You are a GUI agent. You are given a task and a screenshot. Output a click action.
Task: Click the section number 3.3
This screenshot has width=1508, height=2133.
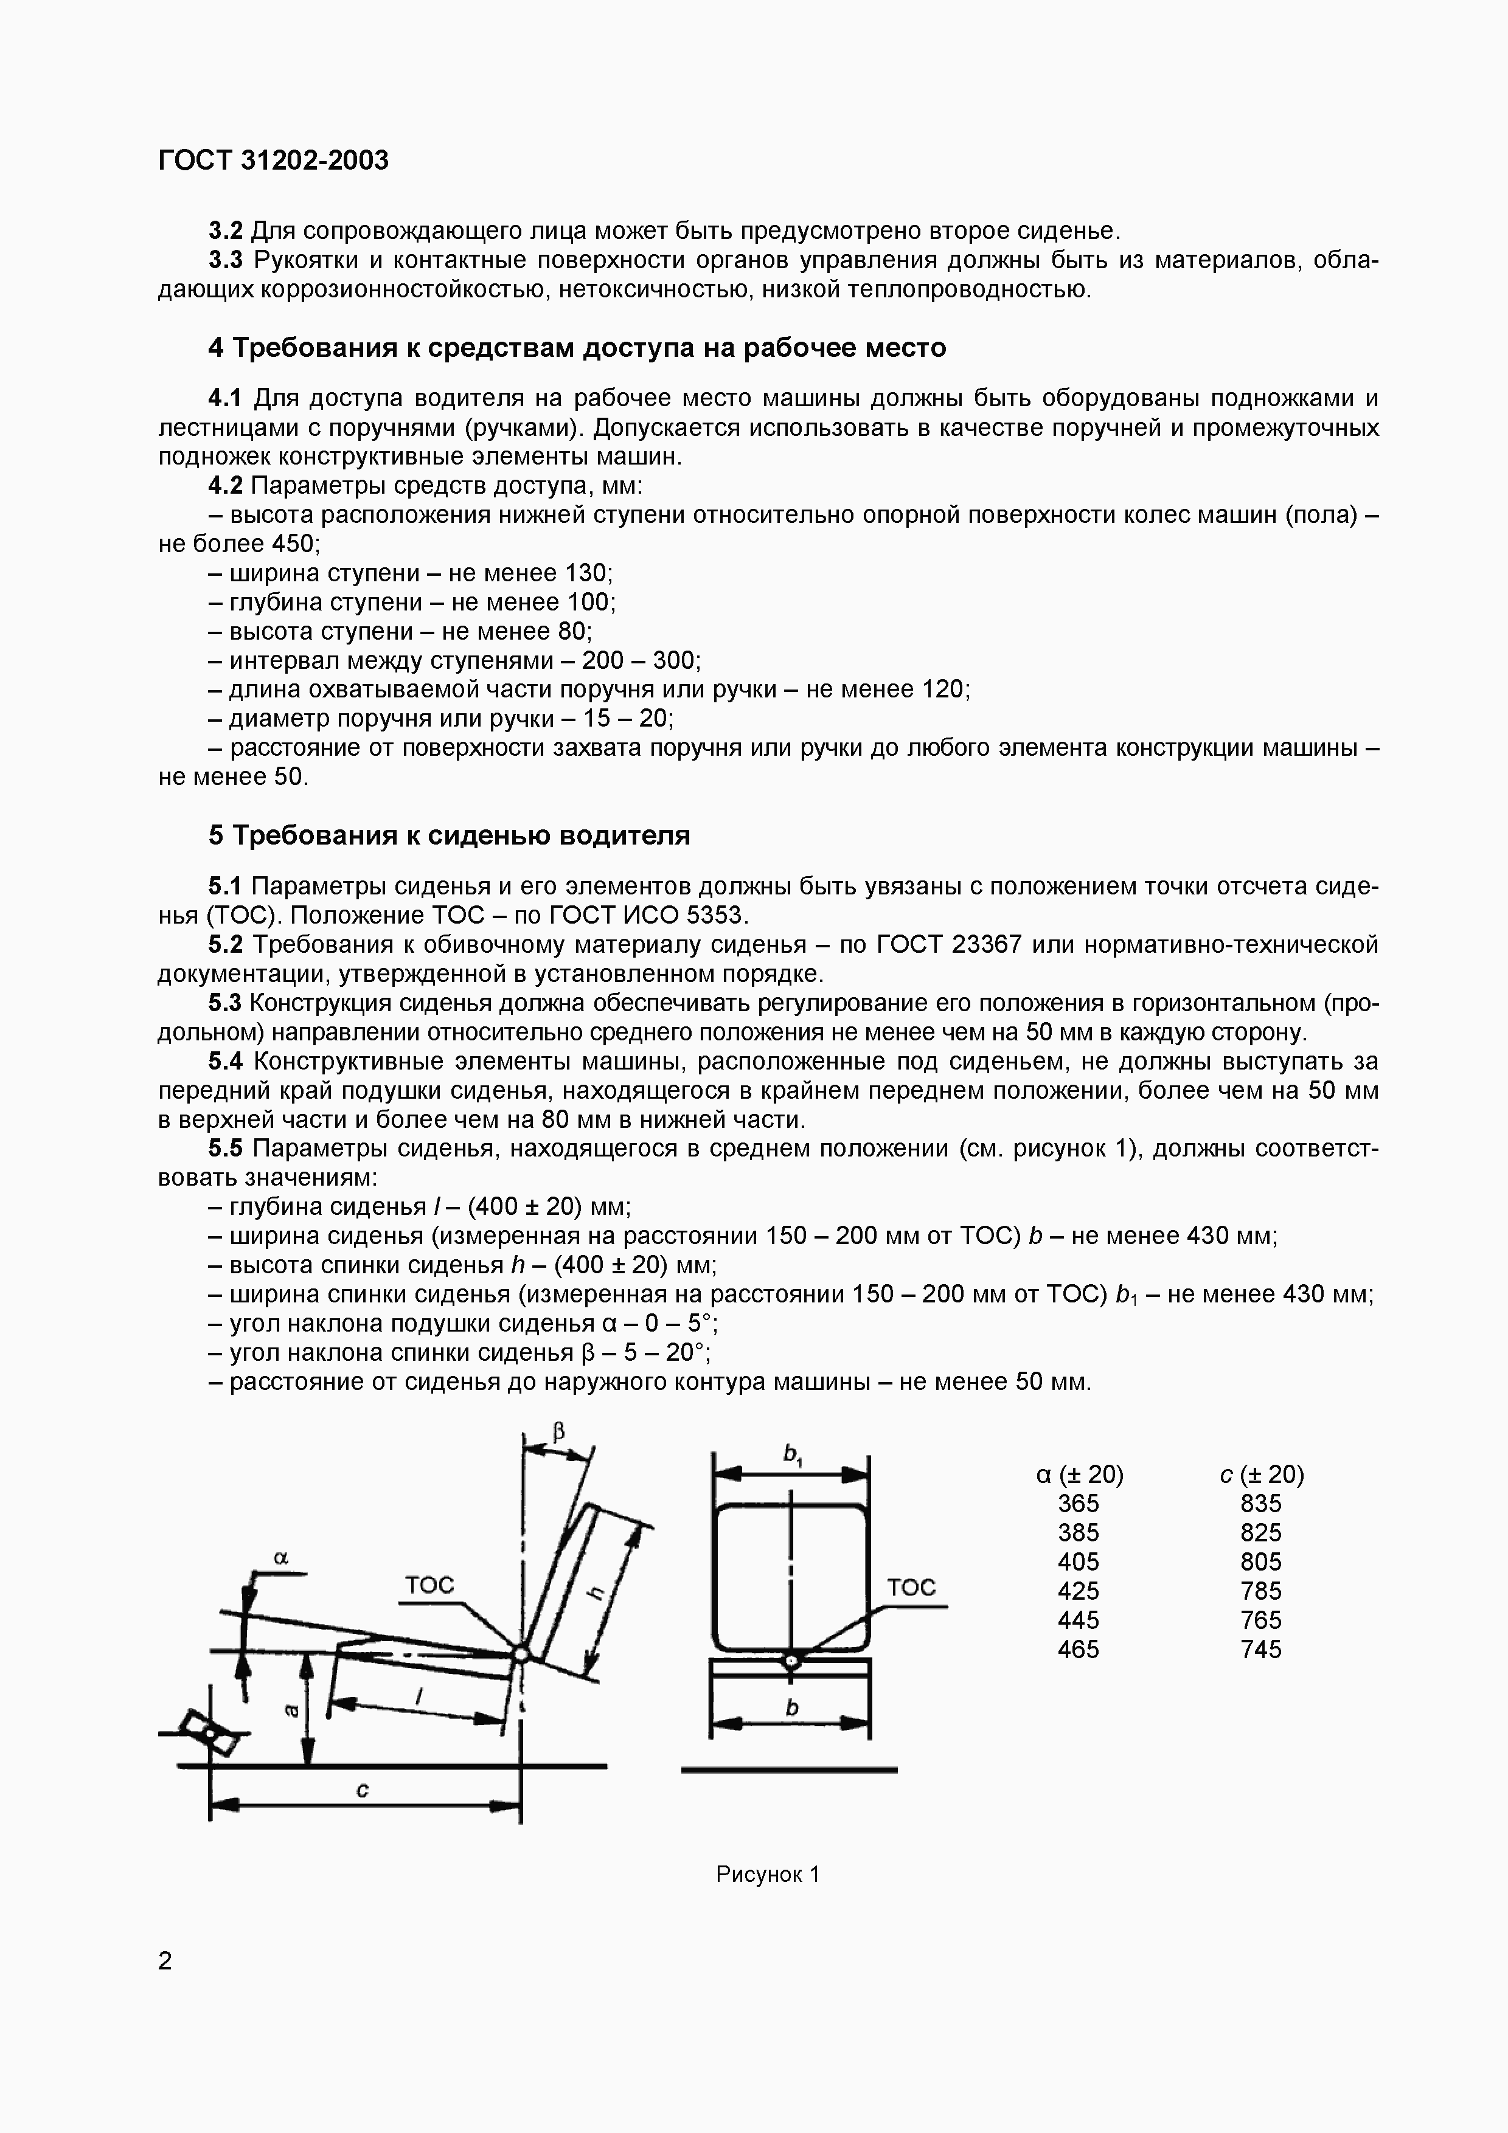click(225, 260)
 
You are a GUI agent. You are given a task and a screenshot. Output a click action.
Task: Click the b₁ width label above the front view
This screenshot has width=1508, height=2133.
click(793, 1454)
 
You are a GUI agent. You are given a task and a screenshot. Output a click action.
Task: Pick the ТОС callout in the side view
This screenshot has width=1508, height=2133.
click(429, 1585)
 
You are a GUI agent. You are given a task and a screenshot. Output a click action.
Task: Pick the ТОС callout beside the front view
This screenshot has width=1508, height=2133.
click(911, 1587)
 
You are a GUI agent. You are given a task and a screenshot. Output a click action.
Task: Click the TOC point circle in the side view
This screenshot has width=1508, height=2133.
click(520, 1654)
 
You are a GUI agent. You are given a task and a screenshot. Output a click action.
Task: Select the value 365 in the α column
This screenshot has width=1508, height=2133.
click(1078, 1503)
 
